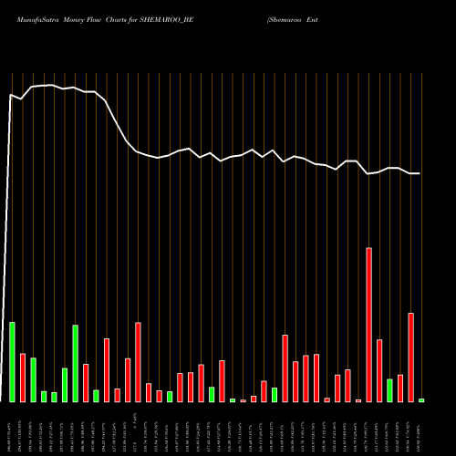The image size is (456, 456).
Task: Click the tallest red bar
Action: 368,324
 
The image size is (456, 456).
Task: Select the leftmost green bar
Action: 12,362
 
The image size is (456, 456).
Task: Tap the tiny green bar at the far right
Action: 421,400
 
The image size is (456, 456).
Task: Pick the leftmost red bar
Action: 23,378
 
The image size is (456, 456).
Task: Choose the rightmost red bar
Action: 410,357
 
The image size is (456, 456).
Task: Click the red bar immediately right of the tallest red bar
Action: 379,370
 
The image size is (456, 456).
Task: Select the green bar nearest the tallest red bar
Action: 389,390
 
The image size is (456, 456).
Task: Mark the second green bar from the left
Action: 33,379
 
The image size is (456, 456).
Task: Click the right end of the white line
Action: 420,173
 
